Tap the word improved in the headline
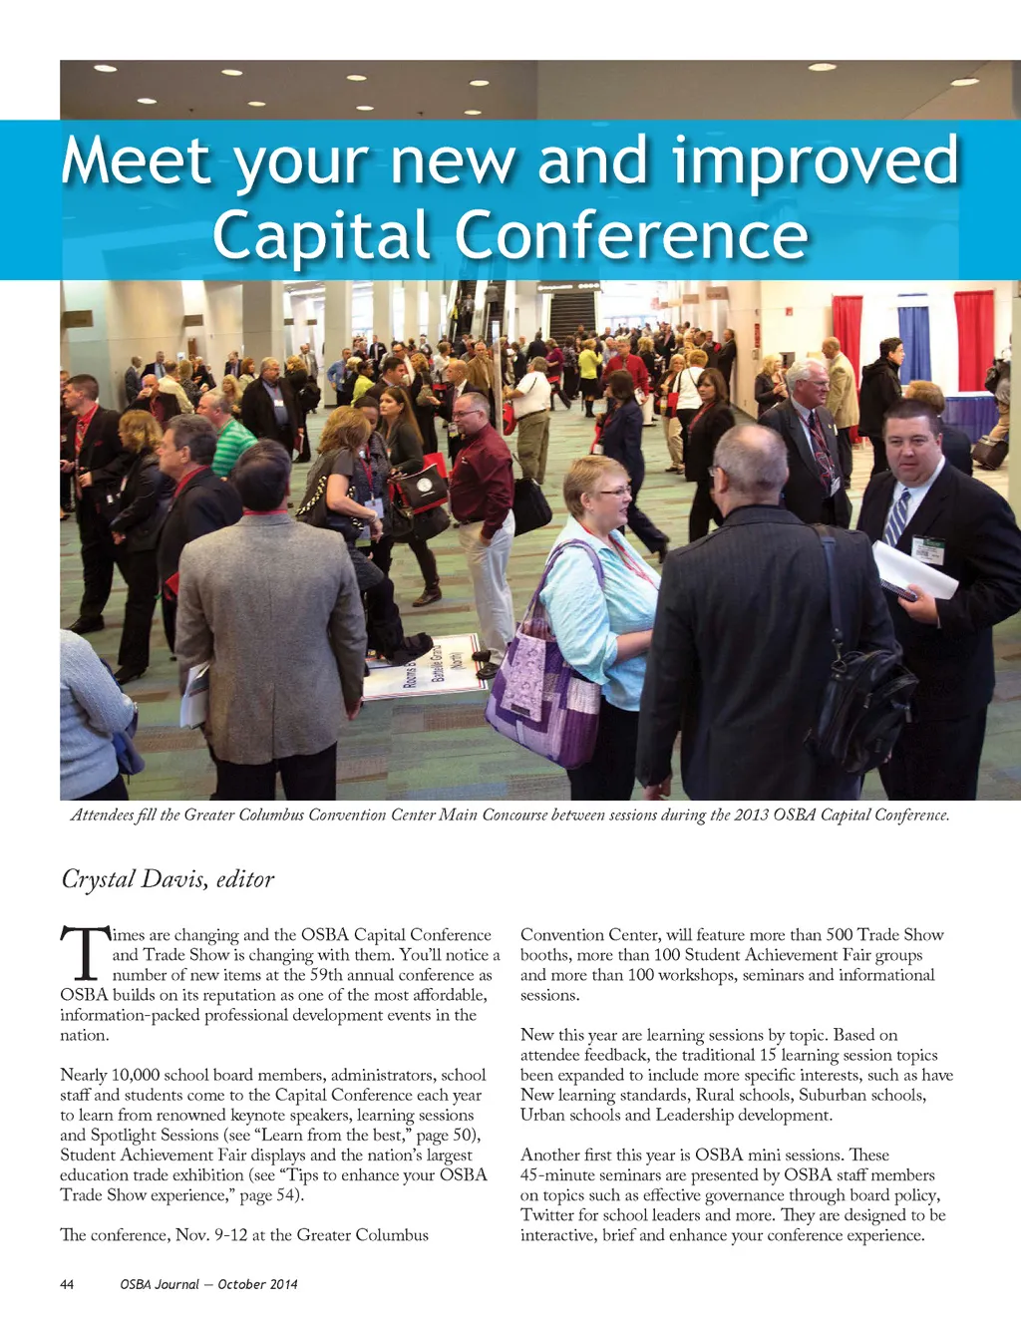pos(816,162)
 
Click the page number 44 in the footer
pos(67,1284)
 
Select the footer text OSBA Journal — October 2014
pos(208,1284)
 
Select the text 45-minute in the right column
pos(558,1175)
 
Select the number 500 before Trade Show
pos(840,935)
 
